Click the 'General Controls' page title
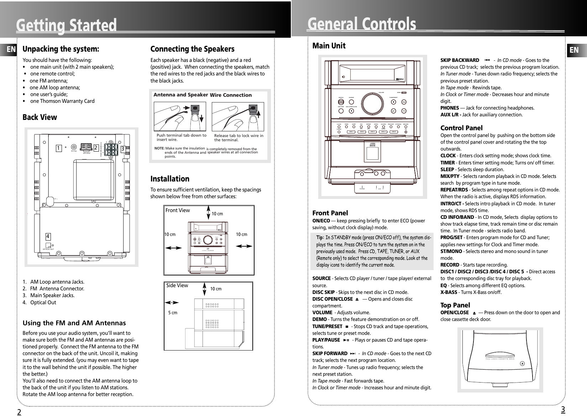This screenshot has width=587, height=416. pyautogui.click(x=362, y=24)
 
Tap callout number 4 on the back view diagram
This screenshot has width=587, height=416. pyautogui.click(x=48, y=236)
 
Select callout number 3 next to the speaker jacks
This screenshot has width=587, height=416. pyautogui.click(x=122, y=149)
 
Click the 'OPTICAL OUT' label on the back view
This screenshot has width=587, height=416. pyautogui.click(x=48, y=249)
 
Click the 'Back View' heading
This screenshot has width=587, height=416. pyautogui.click(x=40, y=117)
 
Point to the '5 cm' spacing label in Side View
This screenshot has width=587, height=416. pyautogui.click(x=172, y=312)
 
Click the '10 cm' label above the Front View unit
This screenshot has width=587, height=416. pyautogui.click(x=217, y=214)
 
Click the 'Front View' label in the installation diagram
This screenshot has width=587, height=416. pyautogui.click(x=178, y=210)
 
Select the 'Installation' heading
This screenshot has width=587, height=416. pyautogui.click(x=170, y=179)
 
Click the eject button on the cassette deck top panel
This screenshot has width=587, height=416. pyautogui.click(x=522, y=364)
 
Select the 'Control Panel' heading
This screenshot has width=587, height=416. pyautogui.click(x=461, y=128)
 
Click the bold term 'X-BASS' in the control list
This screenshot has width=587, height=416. pyautogui.click(x=449, y=293)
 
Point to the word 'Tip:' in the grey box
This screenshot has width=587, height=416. pyautogui.click(x=320, y=237)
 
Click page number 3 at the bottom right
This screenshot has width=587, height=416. pyautogui.click(x=563, y=410)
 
